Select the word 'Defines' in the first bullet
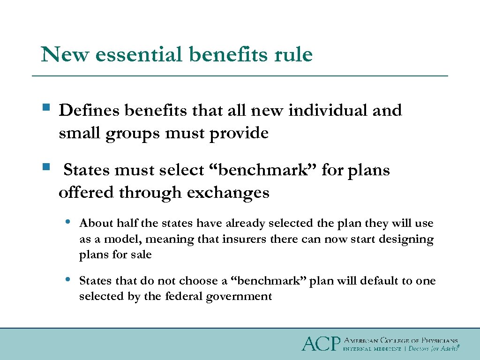click(x=89, y=111)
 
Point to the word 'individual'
click(x=328, y=111)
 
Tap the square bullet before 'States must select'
click(x=45, y=166)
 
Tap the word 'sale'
click(x=141, y=255)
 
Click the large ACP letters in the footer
click(x=321, y=344)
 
